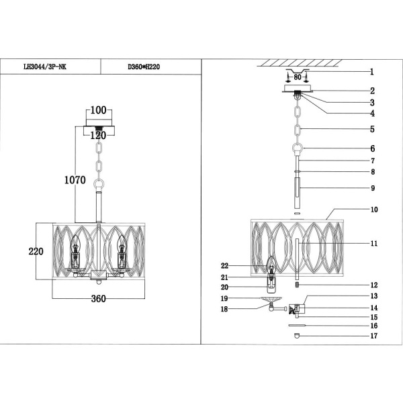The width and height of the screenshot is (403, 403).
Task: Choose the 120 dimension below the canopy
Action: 99,134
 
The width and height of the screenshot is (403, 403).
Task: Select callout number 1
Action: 371,73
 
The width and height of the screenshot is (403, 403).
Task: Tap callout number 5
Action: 371,129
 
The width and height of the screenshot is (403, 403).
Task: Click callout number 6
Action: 371,148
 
